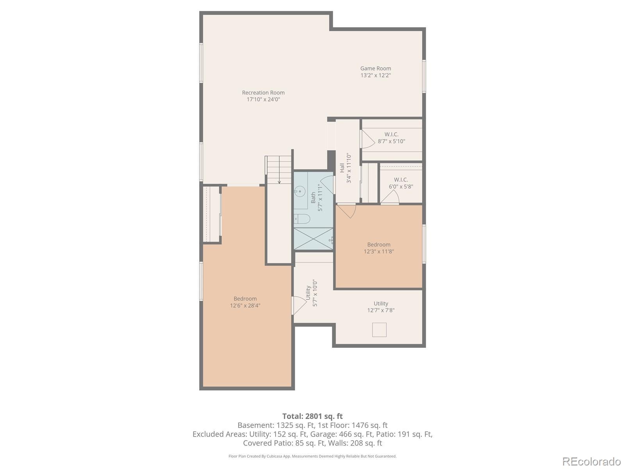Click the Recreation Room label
[263, 93]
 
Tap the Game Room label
[375, 68]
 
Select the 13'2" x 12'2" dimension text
[375, 75]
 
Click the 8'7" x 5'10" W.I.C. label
[391, 138]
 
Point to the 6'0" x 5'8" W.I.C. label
[401, 183]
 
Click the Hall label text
[342, 168]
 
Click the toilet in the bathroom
[302, 219]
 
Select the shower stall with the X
[314, 239]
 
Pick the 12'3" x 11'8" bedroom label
[379, 248]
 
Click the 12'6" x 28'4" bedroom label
[245, 302]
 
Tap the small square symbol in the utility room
[379, 330]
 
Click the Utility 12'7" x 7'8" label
[381, 307]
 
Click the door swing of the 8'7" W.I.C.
[368, 139]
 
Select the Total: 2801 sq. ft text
[312, 416]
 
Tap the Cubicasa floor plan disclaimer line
[312, 456]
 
